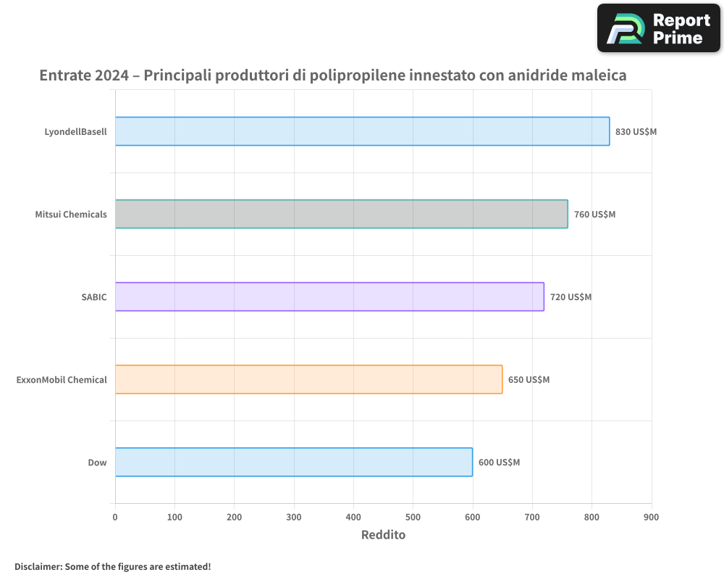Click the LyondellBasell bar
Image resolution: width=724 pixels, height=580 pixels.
362,131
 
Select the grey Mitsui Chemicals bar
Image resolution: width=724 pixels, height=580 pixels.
341,214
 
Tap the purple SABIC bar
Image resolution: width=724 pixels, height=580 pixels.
329,297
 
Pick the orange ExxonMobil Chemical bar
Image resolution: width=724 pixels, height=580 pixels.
308,379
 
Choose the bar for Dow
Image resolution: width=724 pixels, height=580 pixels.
293,462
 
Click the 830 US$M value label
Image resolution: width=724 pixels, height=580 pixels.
636,132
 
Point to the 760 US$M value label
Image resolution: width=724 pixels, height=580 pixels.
594,215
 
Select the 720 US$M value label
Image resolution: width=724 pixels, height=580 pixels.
571,297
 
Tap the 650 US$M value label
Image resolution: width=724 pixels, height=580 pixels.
529,380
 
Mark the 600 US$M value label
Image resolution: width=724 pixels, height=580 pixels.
499,463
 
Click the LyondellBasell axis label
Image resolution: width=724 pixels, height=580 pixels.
75,132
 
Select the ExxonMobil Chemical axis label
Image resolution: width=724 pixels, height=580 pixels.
62,380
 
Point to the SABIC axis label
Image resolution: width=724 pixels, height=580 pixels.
94,297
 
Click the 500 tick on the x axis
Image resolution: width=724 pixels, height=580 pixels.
413,517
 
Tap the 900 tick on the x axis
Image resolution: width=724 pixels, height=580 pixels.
652,517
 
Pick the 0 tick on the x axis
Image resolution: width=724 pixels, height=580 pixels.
115,517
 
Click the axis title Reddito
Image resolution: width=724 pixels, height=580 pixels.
383,535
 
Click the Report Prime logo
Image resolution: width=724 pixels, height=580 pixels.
658,28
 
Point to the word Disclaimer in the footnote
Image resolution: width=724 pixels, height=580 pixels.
37,566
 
